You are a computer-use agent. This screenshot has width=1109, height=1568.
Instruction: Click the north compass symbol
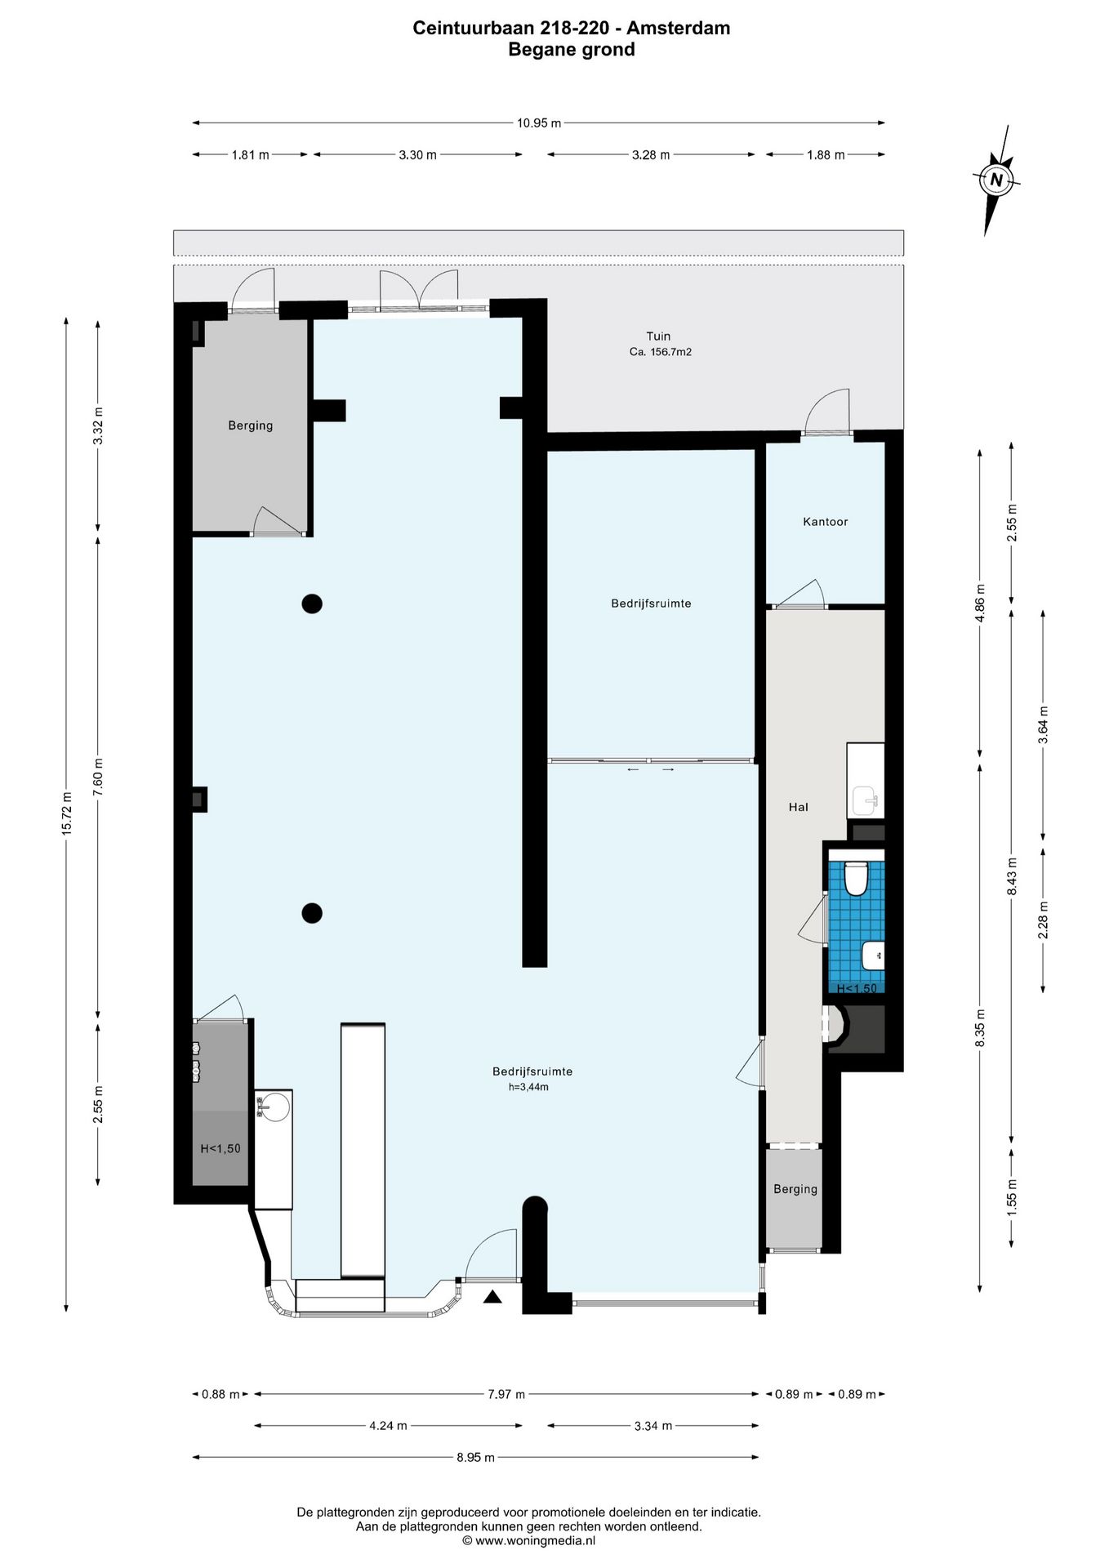pos(995,180)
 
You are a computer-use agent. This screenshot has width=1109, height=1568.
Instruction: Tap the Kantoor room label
pos(825,522)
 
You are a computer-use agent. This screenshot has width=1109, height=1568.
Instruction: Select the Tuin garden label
pos(658,336)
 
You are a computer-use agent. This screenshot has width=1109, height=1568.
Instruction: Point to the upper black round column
pos(312,604)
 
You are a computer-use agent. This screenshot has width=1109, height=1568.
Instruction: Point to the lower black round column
pos(312,913)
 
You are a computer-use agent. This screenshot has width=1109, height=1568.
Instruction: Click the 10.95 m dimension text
pos(539,123)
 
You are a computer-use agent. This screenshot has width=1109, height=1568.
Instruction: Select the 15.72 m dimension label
pos(67,813)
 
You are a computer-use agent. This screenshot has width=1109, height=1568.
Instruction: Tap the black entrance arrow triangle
pos(492,1297)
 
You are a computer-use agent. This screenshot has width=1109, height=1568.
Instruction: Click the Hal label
pos(798,807)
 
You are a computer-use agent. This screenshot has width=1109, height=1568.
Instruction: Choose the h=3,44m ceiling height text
pos(528,1087)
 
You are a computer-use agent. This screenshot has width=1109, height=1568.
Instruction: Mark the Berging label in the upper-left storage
pos(250,425)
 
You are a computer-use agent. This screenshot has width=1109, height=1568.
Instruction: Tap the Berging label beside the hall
pos(795,1189)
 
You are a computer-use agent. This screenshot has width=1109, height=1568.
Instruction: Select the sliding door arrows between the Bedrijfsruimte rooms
pos(651,769)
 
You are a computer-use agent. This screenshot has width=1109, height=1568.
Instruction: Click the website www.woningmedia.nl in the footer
pos(535,1540)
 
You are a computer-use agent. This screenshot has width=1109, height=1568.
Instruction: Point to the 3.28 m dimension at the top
pos(651,154)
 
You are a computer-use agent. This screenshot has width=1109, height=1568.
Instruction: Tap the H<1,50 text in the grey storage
pos(220,1148)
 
